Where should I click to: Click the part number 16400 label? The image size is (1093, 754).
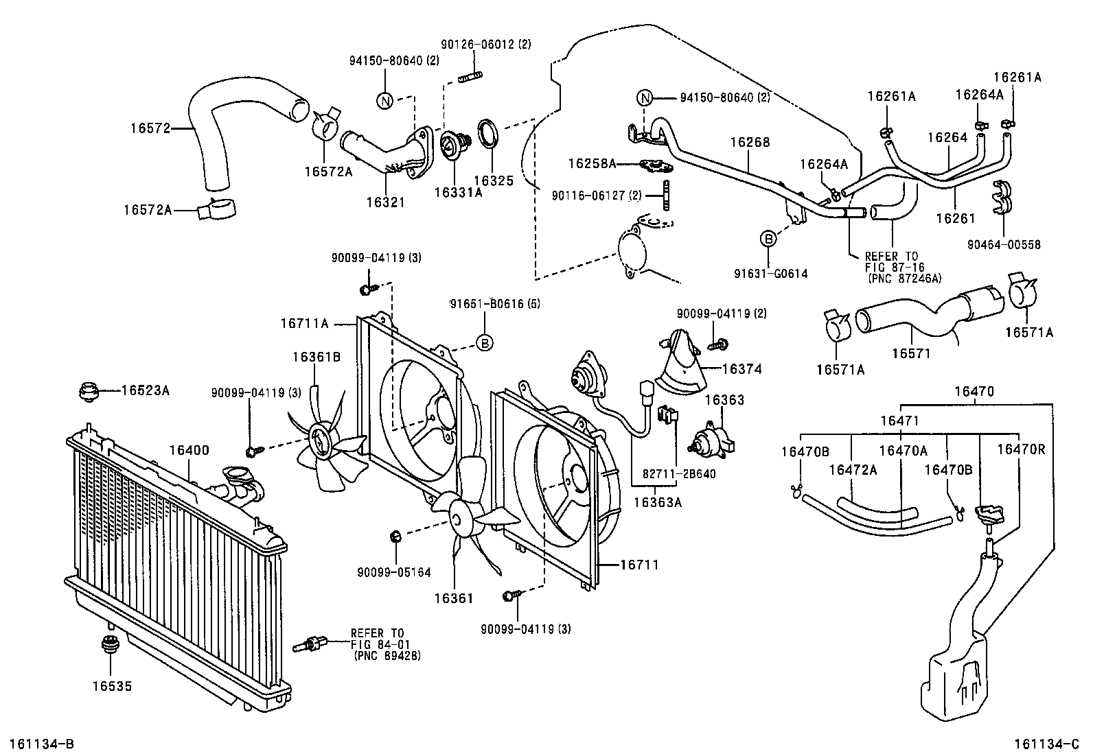[189, 450]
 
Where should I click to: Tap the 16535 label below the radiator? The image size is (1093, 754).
[112, 686]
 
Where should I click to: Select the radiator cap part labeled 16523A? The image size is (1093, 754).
[89, 392]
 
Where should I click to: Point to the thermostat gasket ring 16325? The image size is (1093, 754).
[488, 134]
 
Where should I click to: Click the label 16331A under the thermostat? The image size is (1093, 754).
[458, 193]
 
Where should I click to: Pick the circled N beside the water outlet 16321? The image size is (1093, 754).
[384, 101]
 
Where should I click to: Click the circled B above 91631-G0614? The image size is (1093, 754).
[768, 239]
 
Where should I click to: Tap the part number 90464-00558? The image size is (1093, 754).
[1004, 244]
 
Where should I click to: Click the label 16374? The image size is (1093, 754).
[741, 369]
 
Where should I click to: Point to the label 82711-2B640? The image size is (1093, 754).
[679, 473]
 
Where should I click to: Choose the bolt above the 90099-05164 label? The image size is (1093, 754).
[395, 537]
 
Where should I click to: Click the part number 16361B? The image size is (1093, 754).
[317, 357]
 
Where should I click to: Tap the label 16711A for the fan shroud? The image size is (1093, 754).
[304, 323]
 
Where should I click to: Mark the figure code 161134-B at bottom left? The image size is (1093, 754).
[42, 744]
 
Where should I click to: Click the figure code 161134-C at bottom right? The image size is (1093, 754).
[1047, 744]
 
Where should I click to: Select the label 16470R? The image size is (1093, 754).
[1021, 449]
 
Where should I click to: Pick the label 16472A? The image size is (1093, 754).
[853, 470]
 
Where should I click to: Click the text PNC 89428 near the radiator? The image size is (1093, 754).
[387, 656]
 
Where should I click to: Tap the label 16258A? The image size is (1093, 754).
[592, 163]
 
